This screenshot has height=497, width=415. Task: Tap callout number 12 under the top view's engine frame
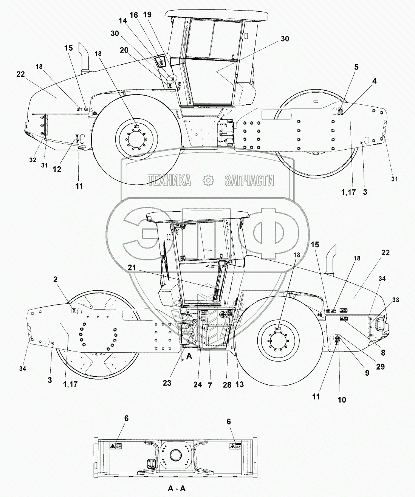coord(57,169)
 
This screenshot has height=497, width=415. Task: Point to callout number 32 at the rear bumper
coord(33,160)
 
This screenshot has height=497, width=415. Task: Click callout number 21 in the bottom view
coord(132,267)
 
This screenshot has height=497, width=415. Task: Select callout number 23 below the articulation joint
coord(167,383)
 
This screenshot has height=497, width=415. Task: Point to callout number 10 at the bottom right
coord(341,399)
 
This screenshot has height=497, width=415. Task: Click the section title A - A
coord(177,488)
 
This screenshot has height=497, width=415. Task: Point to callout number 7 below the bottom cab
coord(210,385)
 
